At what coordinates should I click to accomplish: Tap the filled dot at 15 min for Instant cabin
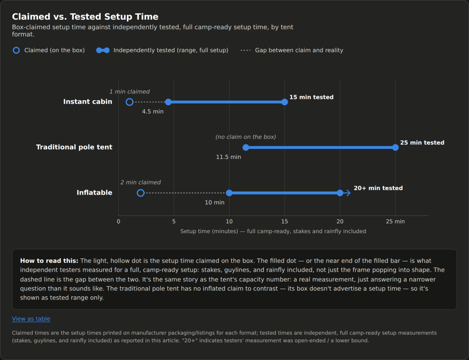coord(285,102)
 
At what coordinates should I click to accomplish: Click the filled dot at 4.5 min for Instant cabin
coord(169,102)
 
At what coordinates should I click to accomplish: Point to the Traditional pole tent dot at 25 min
coord(395,147)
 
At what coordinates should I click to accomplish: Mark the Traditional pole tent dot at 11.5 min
coord(246,147)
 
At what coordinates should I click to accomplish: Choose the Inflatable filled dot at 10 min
coord(229,193)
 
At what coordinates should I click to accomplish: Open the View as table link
coord(31,319)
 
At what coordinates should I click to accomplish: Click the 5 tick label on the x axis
coord(174,222)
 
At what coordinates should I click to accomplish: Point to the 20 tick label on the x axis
coord(340,222)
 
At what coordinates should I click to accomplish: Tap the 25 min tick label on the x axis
coord(395,222)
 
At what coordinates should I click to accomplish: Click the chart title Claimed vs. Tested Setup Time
coord(85,16)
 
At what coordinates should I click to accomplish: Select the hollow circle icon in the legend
coord(16,50)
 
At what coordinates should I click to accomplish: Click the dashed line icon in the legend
coord(245,50)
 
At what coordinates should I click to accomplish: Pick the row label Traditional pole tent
coord(74,147)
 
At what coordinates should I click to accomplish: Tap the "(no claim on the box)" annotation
coord(246,137)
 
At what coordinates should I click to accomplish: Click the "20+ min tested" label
coord(378,188)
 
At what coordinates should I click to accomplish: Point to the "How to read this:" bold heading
coord(49,261)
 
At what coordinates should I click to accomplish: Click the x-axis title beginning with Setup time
coord(273,231)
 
